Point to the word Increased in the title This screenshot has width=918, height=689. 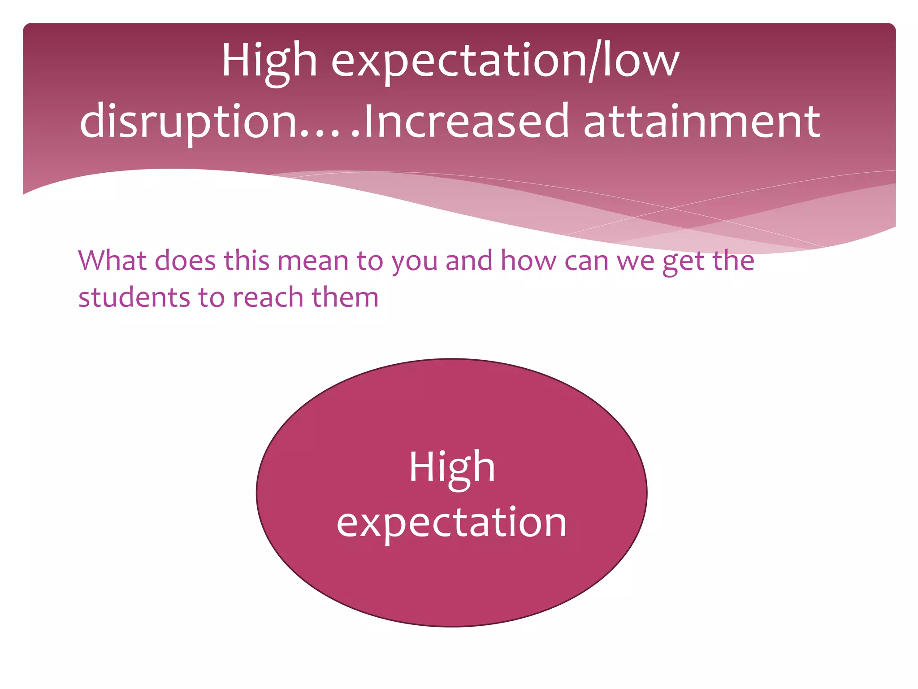466,121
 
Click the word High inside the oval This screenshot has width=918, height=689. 452,467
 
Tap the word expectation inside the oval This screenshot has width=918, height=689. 452,523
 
